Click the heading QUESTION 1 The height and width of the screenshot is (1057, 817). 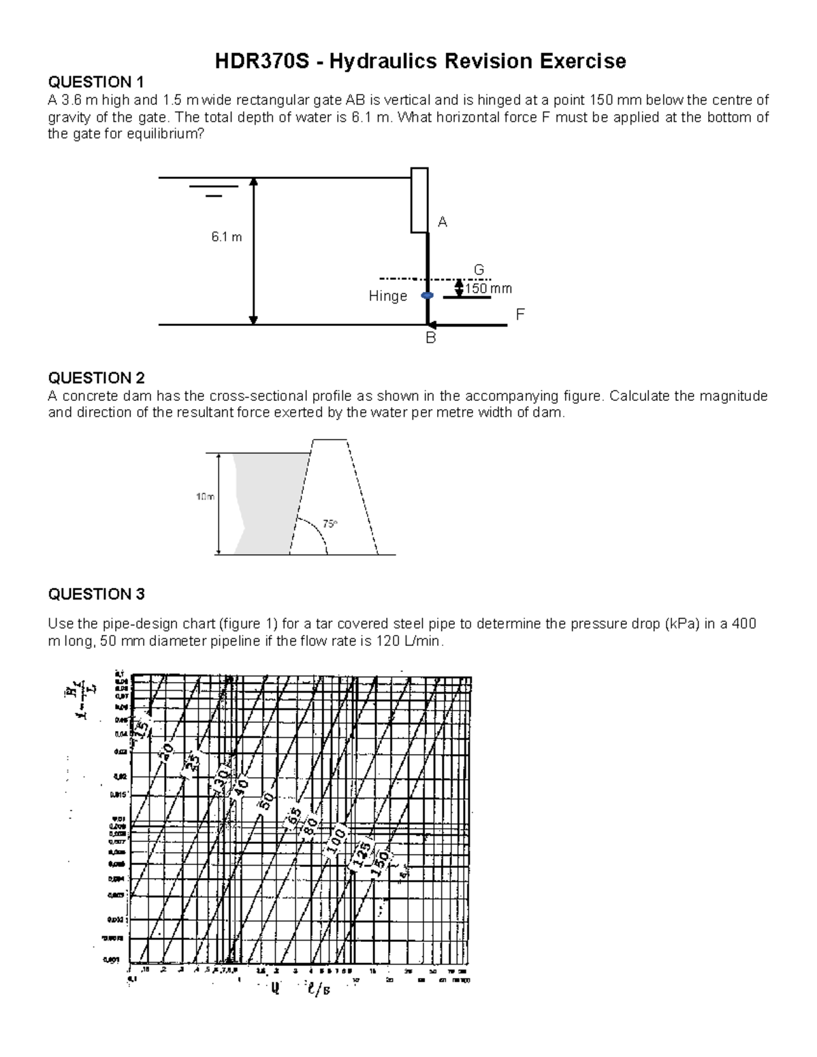(95, 82)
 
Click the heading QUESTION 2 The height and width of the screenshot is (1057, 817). (96, 378)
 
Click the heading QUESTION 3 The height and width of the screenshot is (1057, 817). (96, 594)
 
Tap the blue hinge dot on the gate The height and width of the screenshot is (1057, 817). (426, 296)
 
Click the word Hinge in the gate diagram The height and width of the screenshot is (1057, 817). (387, 296)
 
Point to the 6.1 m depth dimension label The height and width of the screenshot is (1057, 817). (226, 238)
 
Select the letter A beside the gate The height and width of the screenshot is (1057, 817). (443, 222)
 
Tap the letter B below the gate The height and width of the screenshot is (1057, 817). (430, 338)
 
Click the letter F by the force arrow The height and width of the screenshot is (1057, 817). (521, 314)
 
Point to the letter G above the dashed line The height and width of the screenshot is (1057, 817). (479, 270)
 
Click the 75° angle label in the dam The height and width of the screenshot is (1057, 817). (330, 524)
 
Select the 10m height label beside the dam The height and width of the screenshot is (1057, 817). (205, 498)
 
